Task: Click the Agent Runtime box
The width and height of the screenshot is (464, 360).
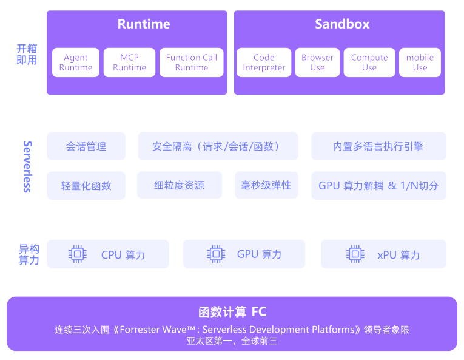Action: click(x=76, y=63)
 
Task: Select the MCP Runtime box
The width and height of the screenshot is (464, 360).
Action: click(x=129, y=63)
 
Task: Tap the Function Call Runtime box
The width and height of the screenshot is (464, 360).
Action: click(x=191, y=63)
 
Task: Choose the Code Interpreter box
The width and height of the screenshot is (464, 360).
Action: click(x=264, y=63)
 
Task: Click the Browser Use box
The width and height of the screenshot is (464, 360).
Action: click(x=317, y=63)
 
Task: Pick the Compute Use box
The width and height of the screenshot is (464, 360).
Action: click(x=369, y=63)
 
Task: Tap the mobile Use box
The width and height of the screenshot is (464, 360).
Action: click(x=420, y=63)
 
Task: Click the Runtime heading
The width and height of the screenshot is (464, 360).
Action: click(x=144, y=24)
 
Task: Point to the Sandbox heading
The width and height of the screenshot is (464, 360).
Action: click(x=342, y=24)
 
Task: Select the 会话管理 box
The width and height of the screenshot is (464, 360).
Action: click(x=86, y=146)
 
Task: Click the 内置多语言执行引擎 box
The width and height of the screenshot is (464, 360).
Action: click(x=378, y=146)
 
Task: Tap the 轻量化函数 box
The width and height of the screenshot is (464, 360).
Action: click(x=86, y=186)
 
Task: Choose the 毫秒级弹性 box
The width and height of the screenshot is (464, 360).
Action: click(x=266, y=185)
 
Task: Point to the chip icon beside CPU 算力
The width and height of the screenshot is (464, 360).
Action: click(x=77, y=254)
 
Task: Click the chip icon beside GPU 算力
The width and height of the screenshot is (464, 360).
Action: click(x=215, y=254)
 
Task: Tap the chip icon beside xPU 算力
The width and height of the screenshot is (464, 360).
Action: click(x=355, y=254)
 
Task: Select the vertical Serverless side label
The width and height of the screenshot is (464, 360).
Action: click(x=27, y=166)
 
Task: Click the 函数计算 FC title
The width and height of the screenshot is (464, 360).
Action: click(x=232, y=312)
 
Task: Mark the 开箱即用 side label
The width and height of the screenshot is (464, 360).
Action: click(x=27, y=54)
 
